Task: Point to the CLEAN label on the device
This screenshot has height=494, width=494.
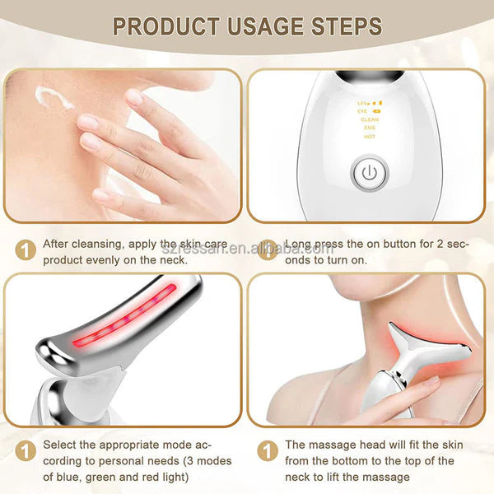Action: [370, 119]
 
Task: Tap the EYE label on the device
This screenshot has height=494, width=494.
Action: [363, 111]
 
